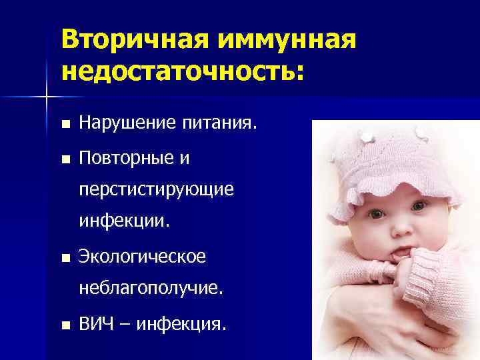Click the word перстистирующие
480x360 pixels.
pyautogui.click(x=156, y=190)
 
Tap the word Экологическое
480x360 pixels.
pyautogui.click(x=143, y=256)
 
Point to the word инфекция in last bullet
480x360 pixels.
pyautogui.click(x=187, y=325)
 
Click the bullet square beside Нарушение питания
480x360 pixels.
pyautogui.click(x=64, y=124)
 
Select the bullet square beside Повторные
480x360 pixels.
pyautogui.click(x=64, y=159)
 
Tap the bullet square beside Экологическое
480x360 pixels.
pyautogui.click(x=64, y=257)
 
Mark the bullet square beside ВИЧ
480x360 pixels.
pyautogui.click(x=64, y=326)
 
